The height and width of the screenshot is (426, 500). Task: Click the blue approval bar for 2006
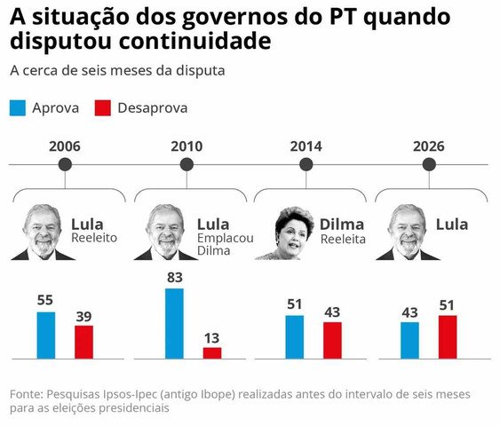45,335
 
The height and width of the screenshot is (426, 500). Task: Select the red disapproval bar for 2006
83,342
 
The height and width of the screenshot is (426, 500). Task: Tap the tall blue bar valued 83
174,323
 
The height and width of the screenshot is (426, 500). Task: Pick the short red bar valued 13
212,352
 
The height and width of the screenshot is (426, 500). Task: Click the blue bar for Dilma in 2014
295,336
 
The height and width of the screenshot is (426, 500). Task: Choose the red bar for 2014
332,340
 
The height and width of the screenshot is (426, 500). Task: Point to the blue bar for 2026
409,340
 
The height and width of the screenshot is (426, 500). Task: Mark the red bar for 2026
448,336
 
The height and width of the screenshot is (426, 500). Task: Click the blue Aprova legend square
18,107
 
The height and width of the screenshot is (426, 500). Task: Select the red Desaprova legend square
102,107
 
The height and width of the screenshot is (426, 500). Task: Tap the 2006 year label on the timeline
66,146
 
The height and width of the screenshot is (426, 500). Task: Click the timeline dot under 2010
186,164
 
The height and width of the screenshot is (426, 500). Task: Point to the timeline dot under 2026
429,164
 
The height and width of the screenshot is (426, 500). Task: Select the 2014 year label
306,146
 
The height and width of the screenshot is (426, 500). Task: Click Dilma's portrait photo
293,233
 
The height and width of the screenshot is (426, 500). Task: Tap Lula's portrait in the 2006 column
43,233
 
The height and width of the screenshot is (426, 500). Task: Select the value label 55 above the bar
45,300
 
